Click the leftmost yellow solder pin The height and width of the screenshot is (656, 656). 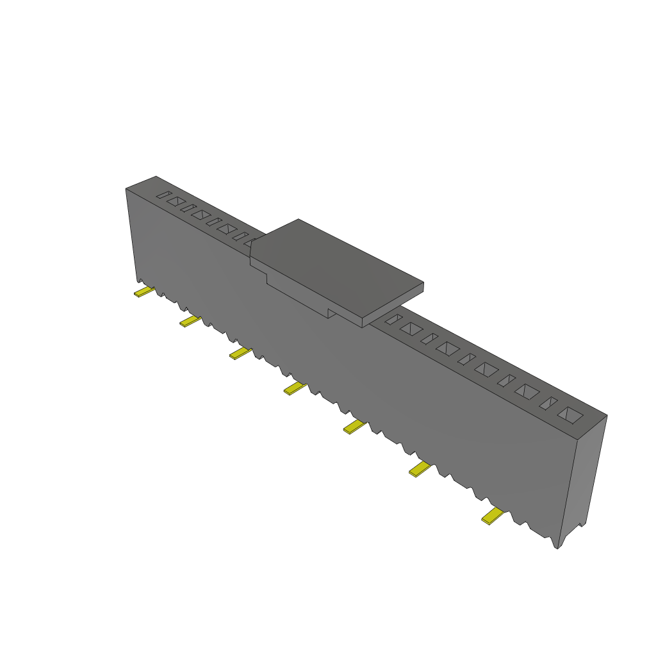(x=143, y=293)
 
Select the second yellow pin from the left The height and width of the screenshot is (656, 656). (x=190, y=321)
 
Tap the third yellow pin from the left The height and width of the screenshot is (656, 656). (x=240, y=354)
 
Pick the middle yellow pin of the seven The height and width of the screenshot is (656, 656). (x=294, y=389)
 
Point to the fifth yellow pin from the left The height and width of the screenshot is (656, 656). (x=354, y=427)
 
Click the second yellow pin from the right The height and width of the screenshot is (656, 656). (x=420, y=470)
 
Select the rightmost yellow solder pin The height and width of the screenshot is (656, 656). (x=493, y=516)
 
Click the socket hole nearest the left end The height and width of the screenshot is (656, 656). (x=164, y=195)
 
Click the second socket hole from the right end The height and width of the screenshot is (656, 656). (x=549, y=404)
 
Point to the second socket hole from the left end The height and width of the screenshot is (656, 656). (x=174, y=201)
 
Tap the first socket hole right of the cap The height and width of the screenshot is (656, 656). (x=393, y=319)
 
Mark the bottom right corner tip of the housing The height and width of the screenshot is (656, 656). (x=557, y=549)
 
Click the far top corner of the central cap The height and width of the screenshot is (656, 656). (x=299, y=219)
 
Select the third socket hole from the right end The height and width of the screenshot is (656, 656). (x=529, y=391)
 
